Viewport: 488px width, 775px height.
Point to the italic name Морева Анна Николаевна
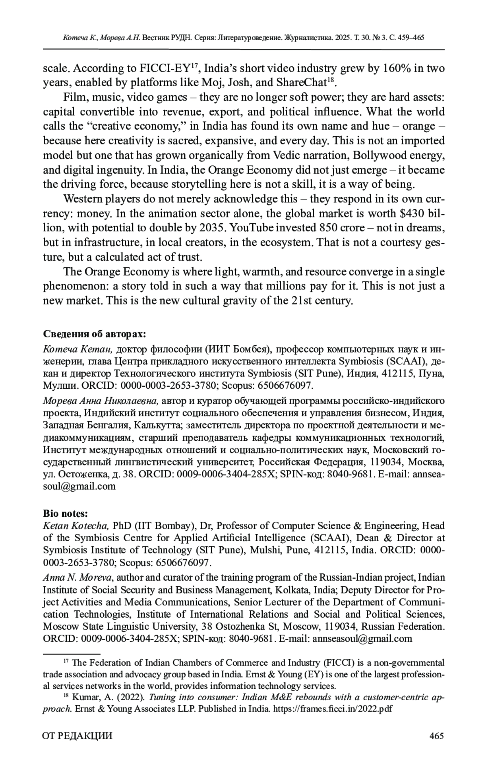tap(100, 401)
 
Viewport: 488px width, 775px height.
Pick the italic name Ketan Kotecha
tap(76, 526)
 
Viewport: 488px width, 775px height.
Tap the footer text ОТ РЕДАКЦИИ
tap(78, 736)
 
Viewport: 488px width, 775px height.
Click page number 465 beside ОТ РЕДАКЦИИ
tap(436, 736)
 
